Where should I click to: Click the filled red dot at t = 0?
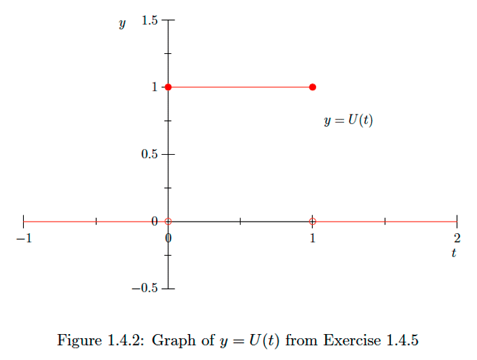pos(168,87)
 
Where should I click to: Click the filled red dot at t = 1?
pos(313,87)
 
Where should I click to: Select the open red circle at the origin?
pos(168,221)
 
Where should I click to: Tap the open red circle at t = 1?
pos(313,221)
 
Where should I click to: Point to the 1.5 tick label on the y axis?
pos(149,20)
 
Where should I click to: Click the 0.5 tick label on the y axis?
pos(149,154)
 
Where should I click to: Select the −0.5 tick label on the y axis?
pos(146,288)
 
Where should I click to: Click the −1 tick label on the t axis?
pos(24,238)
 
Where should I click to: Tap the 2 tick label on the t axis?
pos(457,238)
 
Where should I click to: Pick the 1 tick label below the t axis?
pos(313,238)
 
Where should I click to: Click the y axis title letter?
pos(122,24)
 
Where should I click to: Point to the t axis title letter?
pos(453,253)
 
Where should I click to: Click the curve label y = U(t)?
pos(348,121)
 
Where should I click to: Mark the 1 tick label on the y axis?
pos(155,87)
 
